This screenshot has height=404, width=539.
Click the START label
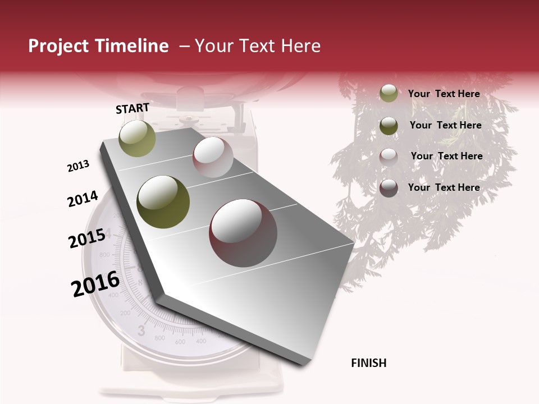click(133, 108)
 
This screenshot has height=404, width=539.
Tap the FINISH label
click(369, 363)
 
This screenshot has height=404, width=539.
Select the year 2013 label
click(79, 166)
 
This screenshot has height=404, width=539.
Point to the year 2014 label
click(83, 199)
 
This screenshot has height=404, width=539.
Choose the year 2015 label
click(87, 238)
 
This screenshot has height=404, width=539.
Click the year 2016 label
click(95, 283)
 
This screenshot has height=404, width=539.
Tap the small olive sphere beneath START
click(137, 138)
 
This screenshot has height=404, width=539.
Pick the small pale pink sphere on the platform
click(213, 157)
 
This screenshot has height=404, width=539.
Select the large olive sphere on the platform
click(163, 202)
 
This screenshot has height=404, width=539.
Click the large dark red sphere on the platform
click(243, 232)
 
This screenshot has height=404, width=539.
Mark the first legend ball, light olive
click(389, 94)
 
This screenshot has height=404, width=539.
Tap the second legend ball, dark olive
click(389, 126)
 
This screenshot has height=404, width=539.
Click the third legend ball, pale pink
click(389, 157)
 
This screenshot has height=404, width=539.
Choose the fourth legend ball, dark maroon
click(389, 188)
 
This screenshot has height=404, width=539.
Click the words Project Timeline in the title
click(98, 46)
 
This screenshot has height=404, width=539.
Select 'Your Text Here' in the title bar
click(257, 46)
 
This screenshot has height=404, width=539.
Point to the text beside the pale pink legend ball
click(446, 156)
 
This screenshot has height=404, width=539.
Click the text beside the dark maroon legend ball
click(444, 187)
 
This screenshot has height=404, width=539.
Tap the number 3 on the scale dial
click(141, 329)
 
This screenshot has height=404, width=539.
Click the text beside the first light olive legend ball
click(444, 94)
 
